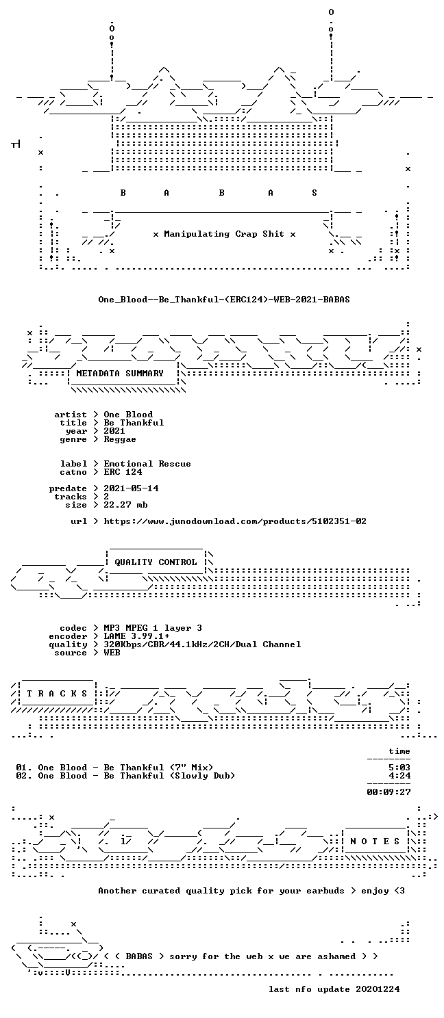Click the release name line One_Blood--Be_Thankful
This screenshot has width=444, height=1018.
[x=224, y=300]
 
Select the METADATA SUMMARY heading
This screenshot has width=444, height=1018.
[x=120, y=374]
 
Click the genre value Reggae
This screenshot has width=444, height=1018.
[x=120, y=439]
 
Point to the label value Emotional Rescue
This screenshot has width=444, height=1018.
[x=147, y=464]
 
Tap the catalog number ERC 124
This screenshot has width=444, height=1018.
[x=123, y=472]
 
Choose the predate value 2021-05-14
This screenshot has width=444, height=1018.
[x=131, y=488]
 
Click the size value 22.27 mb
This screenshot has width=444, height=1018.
[x=125, y=505]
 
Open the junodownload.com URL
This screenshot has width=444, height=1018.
[x=235, y=521]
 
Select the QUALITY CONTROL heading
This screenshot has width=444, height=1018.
[x=156, y=562]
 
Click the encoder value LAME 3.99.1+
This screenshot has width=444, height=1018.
[x=136, y=636]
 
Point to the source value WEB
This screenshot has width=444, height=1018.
[x=112, y=653]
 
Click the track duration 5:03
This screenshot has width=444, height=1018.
[x=399, y=768]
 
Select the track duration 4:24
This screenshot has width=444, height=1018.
[x=399, y=776]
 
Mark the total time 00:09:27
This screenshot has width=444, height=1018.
[x=389, y=792]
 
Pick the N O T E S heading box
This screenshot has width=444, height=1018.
[x=375, y=841]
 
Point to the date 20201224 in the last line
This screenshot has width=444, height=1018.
[x=378, y=989]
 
